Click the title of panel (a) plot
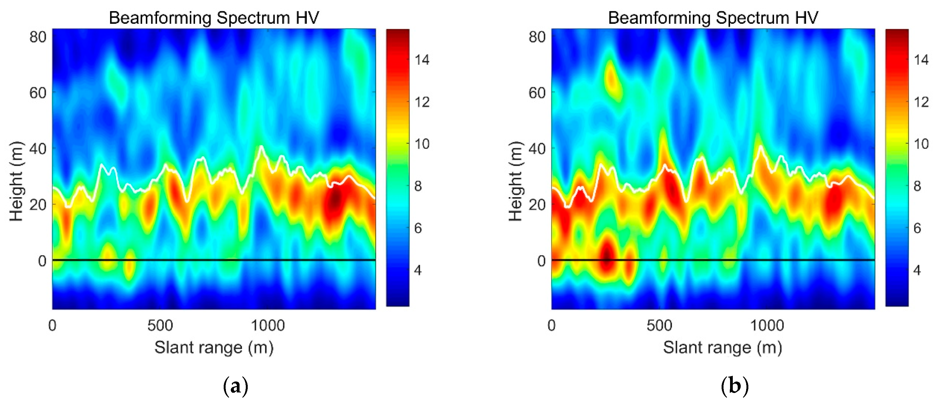[x=214, y=17]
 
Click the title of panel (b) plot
[x=713, y=17]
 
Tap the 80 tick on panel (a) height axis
[x=38, y=37]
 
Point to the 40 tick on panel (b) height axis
[x=537, y=149]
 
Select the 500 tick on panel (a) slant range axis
[x=160, y=325]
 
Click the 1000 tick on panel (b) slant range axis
[x=767, y=325]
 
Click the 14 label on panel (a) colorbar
[x=422, y=60]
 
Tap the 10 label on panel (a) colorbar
[x=422, y=144]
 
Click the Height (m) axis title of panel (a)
[x=17, y=181]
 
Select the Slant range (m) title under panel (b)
[x=722, y=347]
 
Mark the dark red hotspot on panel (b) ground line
[x=607, y=257]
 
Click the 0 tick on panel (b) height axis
[x=541, y=261]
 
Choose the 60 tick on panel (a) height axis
[x=38, y=93]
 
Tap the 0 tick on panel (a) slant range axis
[x=52, y=325]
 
